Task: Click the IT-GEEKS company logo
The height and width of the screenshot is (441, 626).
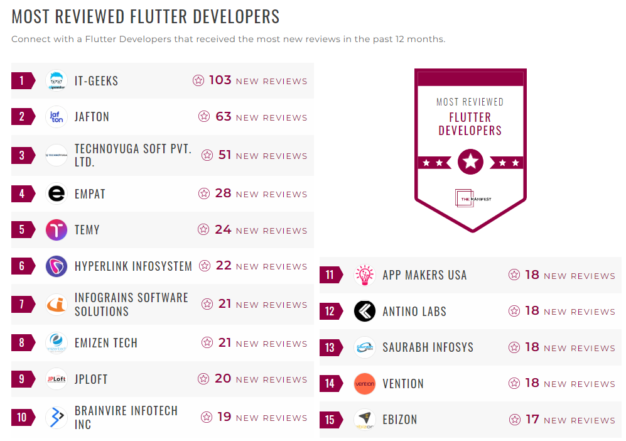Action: point(57,80)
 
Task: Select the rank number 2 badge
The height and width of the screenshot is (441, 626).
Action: point(23,116)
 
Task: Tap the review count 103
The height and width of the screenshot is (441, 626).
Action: point(220,80)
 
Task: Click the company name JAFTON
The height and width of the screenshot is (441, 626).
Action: point(92,117)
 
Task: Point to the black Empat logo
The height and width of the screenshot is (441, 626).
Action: point(57,193)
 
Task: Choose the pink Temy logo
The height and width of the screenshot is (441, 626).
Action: point(57,230)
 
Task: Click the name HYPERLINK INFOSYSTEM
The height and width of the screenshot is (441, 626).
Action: point(133,266)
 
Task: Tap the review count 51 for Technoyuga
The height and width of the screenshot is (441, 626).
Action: point(225,155)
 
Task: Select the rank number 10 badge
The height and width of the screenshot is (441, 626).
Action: point(23,418)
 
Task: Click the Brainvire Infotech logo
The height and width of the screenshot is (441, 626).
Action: point(57,418)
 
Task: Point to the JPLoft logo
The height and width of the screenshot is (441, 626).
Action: point(57,379)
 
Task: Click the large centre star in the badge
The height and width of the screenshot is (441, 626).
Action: point(470,162)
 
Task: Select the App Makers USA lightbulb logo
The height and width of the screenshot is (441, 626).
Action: point(364,275)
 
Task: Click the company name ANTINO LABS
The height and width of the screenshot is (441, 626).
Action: point(414,312)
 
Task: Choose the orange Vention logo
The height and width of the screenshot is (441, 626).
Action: point(364,384)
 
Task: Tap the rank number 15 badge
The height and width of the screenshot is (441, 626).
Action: point(331,420)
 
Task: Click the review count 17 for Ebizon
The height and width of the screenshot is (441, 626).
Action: point(532,420)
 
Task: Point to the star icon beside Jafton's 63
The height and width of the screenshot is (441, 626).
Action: point(203,117)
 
